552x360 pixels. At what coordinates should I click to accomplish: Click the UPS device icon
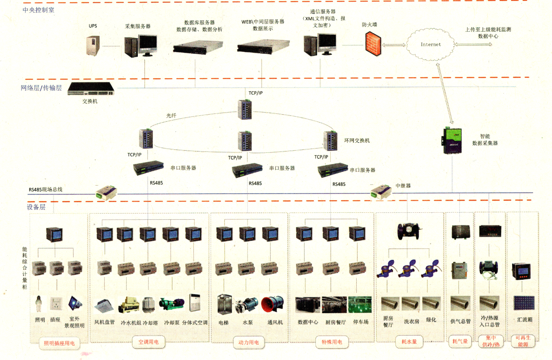point(93,45)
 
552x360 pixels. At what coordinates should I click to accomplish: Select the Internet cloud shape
point(430,44)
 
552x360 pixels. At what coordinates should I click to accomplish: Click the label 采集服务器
point(138,26)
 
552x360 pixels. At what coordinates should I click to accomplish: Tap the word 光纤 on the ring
point(171,116)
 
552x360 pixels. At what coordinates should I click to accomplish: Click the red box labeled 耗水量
point(409,342)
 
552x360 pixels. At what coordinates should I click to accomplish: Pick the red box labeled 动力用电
point(249,342)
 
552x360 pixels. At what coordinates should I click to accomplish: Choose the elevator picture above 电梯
point(223,305)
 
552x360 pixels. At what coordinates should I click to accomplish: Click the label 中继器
point(403,186)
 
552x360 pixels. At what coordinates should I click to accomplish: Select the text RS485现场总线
point(46,190)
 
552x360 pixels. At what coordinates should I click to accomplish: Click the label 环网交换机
point(357,141)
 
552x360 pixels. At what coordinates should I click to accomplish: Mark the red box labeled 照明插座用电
point(59,343)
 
